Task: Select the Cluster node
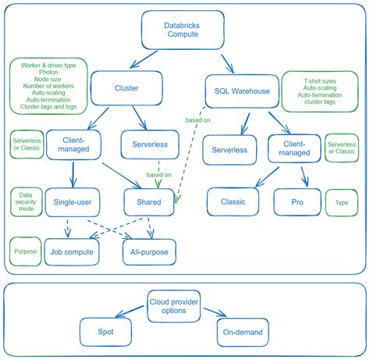pos(126,88)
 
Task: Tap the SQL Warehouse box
pos(242,91)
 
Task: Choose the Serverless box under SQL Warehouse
pos(229,149)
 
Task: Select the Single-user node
pos(72,202)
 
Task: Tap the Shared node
pos(148,202)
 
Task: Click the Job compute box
pos(73,251)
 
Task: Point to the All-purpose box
pos(150,251)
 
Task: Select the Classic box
pos(233,201)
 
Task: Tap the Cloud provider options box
pos(179,305)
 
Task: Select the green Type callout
pos(342,201)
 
